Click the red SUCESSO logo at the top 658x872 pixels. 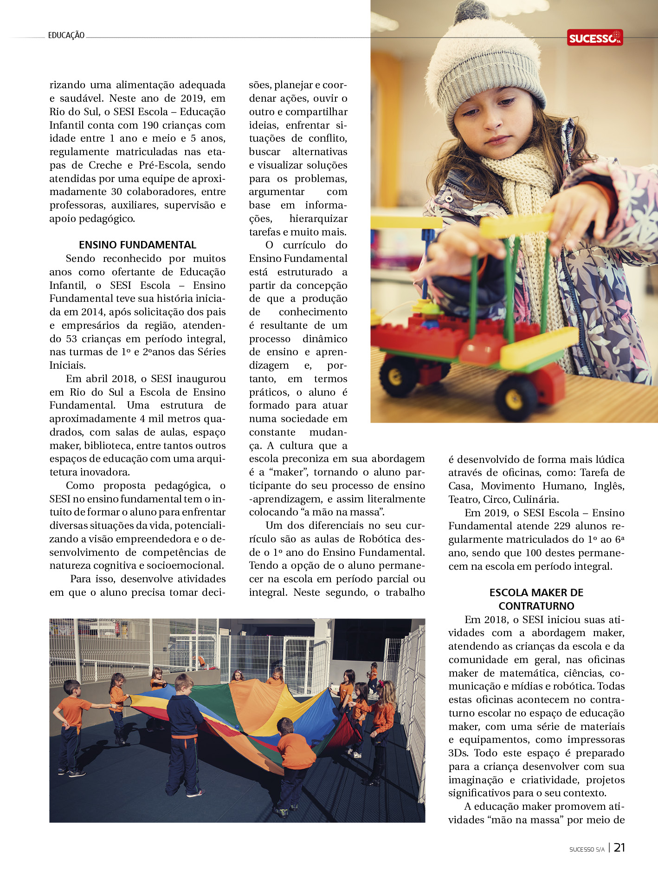tap(594, 38)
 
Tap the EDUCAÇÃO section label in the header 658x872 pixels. tap(66, 35)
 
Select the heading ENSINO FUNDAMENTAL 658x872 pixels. tap(137, 245)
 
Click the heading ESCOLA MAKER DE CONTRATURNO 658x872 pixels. tap(536, 599)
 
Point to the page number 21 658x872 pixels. tap(619, 847)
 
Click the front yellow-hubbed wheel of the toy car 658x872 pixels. tap(516, 398)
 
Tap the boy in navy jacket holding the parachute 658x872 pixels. tap(184, 734)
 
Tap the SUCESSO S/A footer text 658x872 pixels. tap(587, 849)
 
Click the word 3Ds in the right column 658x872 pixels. tap(458, 753)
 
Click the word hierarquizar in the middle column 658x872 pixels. tap(318, 218)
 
